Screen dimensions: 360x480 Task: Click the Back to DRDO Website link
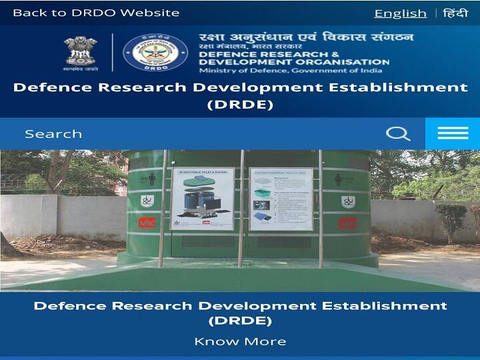[x=96, y=13]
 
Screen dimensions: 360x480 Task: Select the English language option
[x=400, y=13]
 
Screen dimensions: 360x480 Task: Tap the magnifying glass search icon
[x=398, y=134]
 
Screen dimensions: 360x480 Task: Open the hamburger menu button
[x=453, y=134]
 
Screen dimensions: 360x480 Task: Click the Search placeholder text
[x=53, y=134]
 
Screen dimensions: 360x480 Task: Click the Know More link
[x=240, y=341]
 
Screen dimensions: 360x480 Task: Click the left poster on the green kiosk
[x=202, y=198]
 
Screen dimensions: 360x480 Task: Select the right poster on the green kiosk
[x=281, y=198]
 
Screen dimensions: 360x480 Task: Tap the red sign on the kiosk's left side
[x=147, y=224]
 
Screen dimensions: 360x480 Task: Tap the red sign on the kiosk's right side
[x=347, y=223]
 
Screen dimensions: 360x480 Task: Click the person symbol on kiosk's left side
[x=151, y=179]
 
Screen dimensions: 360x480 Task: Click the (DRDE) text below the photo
[x=240, y=321]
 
